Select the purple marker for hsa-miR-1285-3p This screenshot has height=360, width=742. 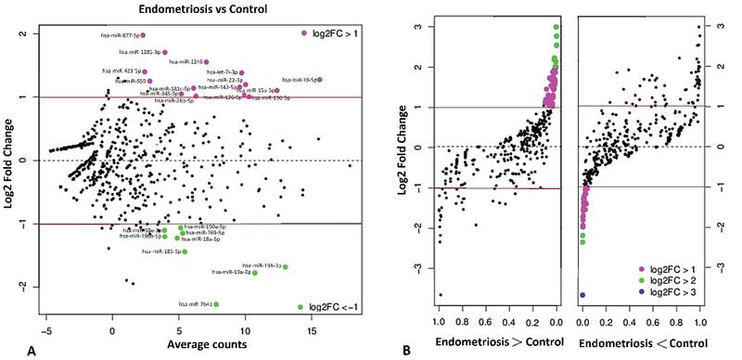[165, 53]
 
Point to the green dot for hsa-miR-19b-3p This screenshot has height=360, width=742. [286, 267]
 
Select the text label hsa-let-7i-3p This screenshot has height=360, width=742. [220, 72]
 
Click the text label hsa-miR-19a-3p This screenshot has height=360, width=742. [231, 273]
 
